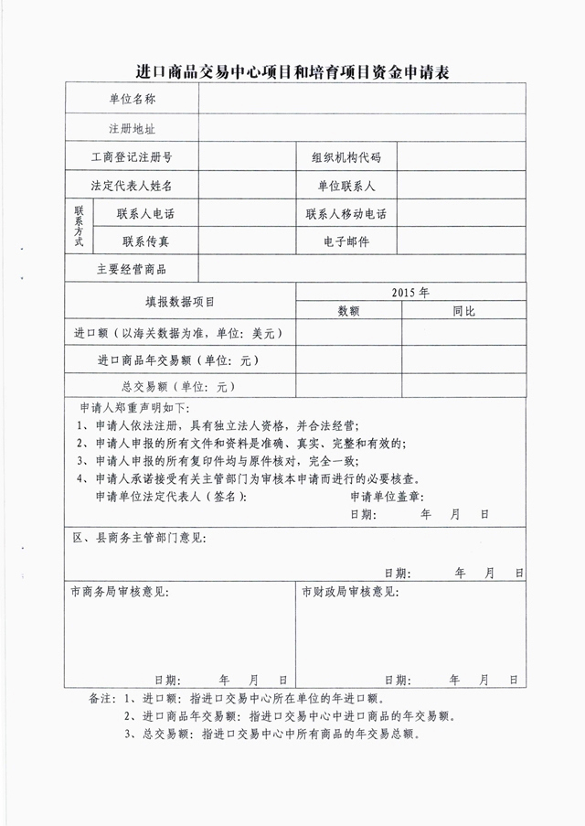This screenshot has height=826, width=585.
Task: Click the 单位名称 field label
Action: coord(133,98)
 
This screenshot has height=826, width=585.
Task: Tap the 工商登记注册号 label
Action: coord(133,157)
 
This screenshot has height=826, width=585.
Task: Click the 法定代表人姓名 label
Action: coord(133,186)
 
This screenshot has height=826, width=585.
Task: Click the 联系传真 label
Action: coord(145,241)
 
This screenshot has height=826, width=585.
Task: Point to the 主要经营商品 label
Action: coord(133,270)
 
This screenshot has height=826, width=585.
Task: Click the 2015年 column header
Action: coord(410,293)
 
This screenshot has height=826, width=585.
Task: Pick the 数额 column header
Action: coord(348,311)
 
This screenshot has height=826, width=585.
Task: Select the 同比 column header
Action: coord(463,311)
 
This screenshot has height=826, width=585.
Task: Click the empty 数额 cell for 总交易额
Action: coord(348,387)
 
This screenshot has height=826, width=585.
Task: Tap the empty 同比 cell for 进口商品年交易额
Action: coord(463,360)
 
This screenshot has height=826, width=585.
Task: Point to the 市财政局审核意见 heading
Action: coord(351,592)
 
